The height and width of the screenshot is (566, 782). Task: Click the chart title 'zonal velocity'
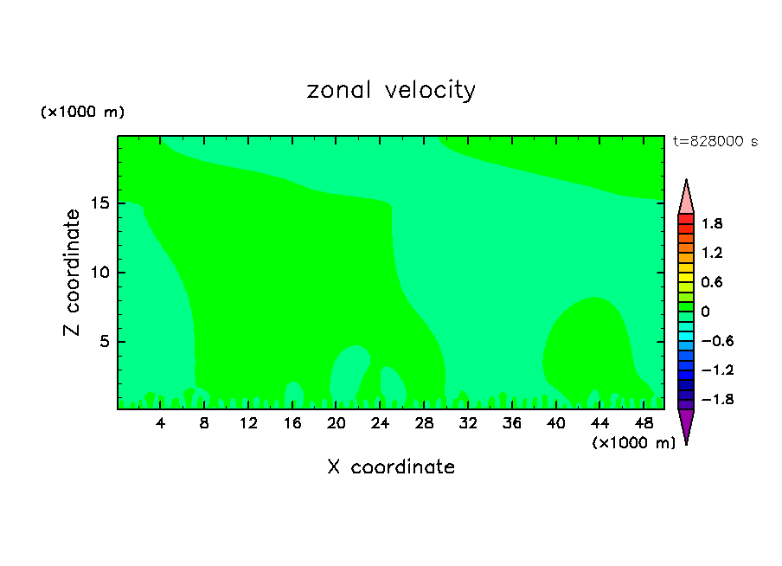(x=391, y=90)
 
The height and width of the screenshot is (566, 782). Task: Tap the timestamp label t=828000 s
(x=715, y=142)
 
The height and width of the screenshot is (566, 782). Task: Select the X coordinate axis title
(x=391, y=467)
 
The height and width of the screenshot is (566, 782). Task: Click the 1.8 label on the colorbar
(x=712, y=224)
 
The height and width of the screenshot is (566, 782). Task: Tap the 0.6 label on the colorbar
(x=712, y=282)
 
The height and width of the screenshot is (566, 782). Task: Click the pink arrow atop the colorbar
(x=686, y=198)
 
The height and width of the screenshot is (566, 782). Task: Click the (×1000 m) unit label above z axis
(x=82, y=113)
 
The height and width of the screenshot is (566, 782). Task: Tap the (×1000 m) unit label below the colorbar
(x=634, y=443)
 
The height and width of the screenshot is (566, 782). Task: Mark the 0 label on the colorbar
(x=705, y=312)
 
